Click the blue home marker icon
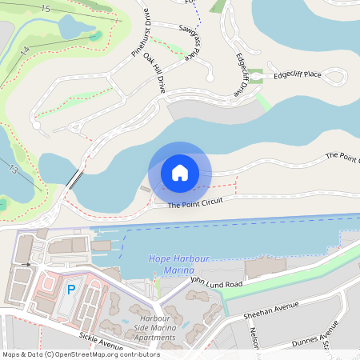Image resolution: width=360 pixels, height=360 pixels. click(x=180, y=172)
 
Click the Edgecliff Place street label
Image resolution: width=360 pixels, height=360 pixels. click(x=297, y=75)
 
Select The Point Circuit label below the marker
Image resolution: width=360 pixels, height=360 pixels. click(x=194, y=204)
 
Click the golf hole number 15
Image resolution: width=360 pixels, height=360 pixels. click(x=45, y=9)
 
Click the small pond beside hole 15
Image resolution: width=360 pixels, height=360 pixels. click(x=78, y=28)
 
